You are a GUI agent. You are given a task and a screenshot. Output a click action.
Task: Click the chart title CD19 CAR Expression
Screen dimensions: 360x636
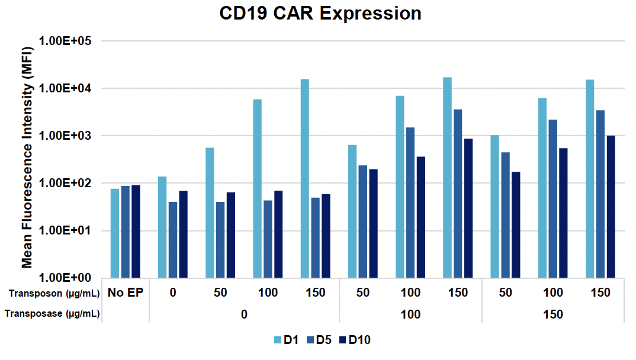click(x=320, y=14)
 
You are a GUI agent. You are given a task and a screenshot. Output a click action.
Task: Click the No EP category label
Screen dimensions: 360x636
click(x=125, y=292)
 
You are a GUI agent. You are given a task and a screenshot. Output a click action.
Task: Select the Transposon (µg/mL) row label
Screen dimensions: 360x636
click(x=53, y=292)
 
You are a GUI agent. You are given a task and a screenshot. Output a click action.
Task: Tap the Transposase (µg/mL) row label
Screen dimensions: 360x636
click(x=53, y=314)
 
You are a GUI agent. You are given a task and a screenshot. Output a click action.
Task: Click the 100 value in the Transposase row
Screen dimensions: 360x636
click(x=410, y=314)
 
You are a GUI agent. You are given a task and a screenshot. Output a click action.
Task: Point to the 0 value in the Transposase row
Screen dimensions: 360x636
click(x=244, y=314)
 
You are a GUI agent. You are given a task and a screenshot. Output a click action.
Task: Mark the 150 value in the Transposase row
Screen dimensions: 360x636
click(x=553, y=314)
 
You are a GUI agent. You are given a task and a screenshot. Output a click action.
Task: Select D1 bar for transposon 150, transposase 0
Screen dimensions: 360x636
click(x=304, y=178)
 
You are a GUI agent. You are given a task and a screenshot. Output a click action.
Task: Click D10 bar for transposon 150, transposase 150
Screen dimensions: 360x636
click(x=611, y=207)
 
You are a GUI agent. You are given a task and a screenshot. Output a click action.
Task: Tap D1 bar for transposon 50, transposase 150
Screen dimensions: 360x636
click(x=495, y=207)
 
